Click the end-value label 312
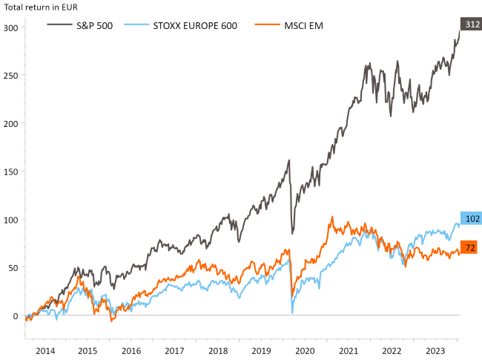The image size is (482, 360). coord(470,24)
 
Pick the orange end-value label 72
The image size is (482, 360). coord(470,247)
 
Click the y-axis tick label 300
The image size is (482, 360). coord(12,27)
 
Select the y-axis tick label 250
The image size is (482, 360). coord(12,76)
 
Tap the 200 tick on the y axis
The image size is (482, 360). coord(12,123)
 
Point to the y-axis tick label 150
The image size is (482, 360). coord(12,171)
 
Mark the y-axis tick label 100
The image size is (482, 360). coord(12,220)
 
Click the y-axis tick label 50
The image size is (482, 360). coord(14,267)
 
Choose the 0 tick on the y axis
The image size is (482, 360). coord(16,315)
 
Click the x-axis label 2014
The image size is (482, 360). coord(45,351)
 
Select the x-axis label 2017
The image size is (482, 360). coord(174,351)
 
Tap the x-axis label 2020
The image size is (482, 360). coord(305,351)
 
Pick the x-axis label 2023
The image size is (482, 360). coord(435,351)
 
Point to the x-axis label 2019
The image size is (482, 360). coord(261,351)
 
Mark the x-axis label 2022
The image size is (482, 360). coord(392,351)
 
